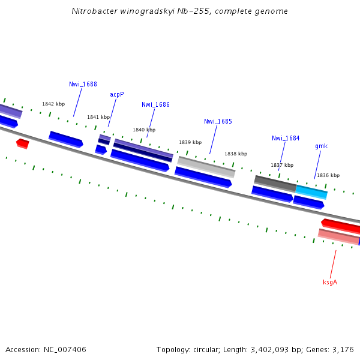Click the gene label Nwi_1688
point(83,84)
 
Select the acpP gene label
point(117,94)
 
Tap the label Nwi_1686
point(155,104)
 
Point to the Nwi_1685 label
point(218,121)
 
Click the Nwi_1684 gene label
point(286,138)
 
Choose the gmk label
point(321,146)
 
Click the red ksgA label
point(330,282)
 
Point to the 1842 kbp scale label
point(53,104)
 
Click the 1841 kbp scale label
point(98,117)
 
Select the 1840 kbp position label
point(144,130)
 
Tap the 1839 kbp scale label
point(190,142)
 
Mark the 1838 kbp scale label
point(236,154)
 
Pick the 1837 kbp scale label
point(282,165)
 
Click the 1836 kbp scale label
point(328,175)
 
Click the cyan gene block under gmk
point(311,192)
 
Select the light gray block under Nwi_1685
point(206,166)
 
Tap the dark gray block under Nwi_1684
point(275,182)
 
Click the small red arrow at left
point(22,143)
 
